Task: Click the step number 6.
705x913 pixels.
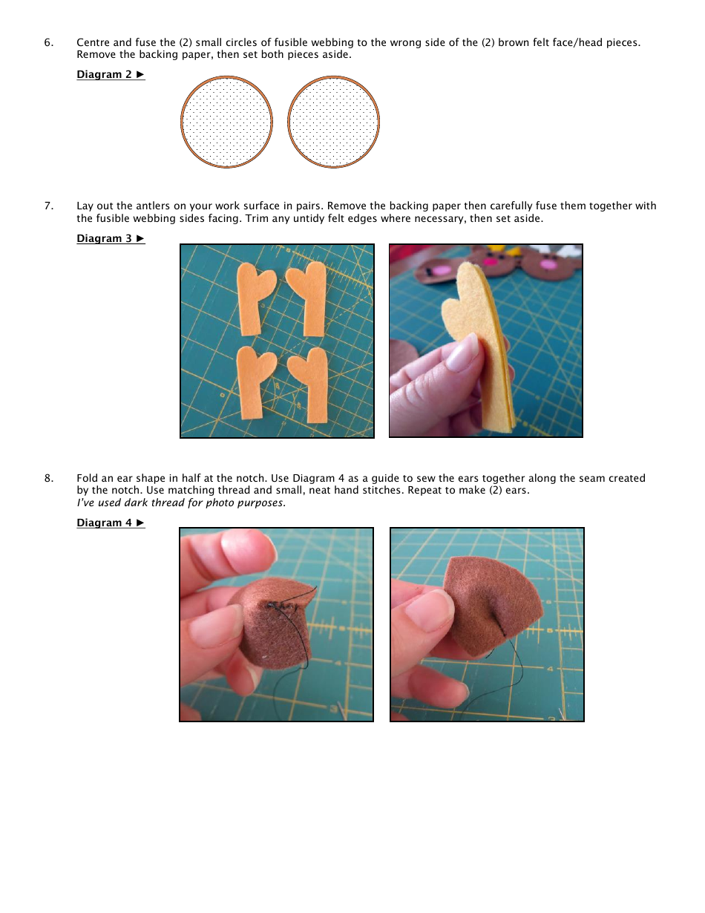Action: (x=48, y=42)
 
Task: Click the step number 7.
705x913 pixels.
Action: (x=48, y=206)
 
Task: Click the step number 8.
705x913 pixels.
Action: (x=48, y=478)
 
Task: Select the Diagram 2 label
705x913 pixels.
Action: (x=111, y=74)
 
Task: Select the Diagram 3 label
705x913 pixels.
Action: (x=111, y=238)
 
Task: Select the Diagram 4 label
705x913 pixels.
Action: (x=111, y=523)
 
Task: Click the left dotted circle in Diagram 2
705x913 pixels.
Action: (x=226, y=122)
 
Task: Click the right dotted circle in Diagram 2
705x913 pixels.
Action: (x=333, y=122)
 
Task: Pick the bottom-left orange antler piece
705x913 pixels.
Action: (x=252, y=382)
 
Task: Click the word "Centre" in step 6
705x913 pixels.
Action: (x=94, y=42)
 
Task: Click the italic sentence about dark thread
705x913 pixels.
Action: (x=181, y=503)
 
